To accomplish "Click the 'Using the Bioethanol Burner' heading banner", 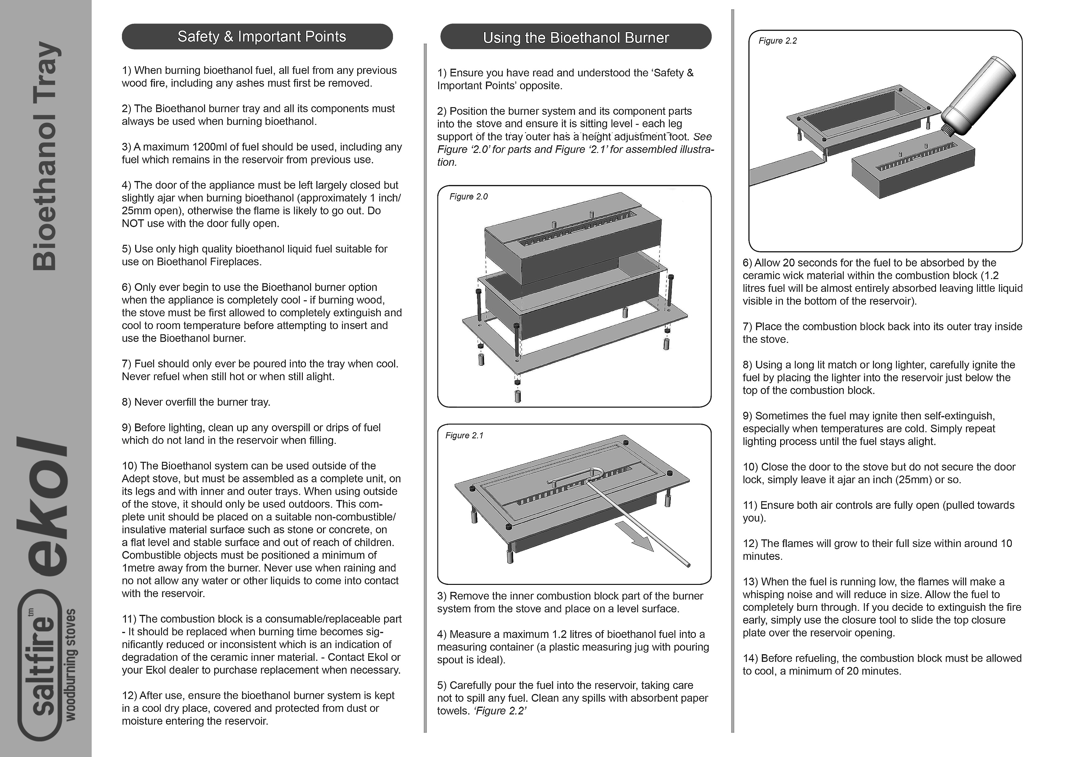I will pyautogui.click(x=576, y=37).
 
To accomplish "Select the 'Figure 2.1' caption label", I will pyautogui.click(x=464, y=436).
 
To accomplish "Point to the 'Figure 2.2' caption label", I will pyautogui.click(x=777, y=41).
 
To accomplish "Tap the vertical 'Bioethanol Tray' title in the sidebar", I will pyautogui.click(x=46, y=156).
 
